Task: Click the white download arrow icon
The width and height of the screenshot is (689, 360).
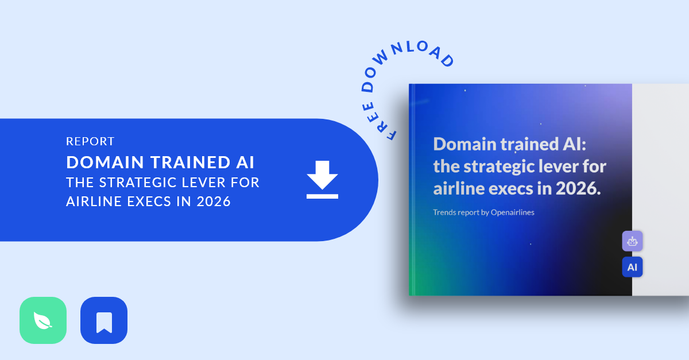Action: click(x=322, y=179)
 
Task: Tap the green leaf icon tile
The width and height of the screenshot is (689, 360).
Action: click(x=43, y=320)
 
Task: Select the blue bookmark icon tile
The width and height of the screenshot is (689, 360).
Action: click(x=104, y=320)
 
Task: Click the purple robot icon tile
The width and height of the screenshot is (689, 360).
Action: click(x=632, y=241)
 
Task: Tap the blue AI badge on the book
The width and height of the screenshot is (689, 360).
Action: click(x=632, y=267)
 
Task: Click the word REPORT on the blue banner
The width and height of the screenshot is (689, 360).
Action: click(x=91, y=142)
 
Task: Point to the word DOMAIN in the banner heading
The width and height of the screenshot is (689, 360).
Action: click(x=105, y=162)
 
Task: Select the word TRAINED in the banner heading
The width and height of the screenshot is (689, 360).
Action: click(x=191, y=162)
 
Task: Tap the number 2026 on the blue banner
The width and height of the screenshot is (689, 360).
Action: click(x=214, y=202)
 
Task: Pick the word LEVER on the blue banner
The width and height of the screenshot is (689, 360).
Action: click(x=204, y=183)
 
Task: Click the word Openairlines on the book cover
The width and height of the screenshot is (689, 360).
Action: click(x=512, y=212)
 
